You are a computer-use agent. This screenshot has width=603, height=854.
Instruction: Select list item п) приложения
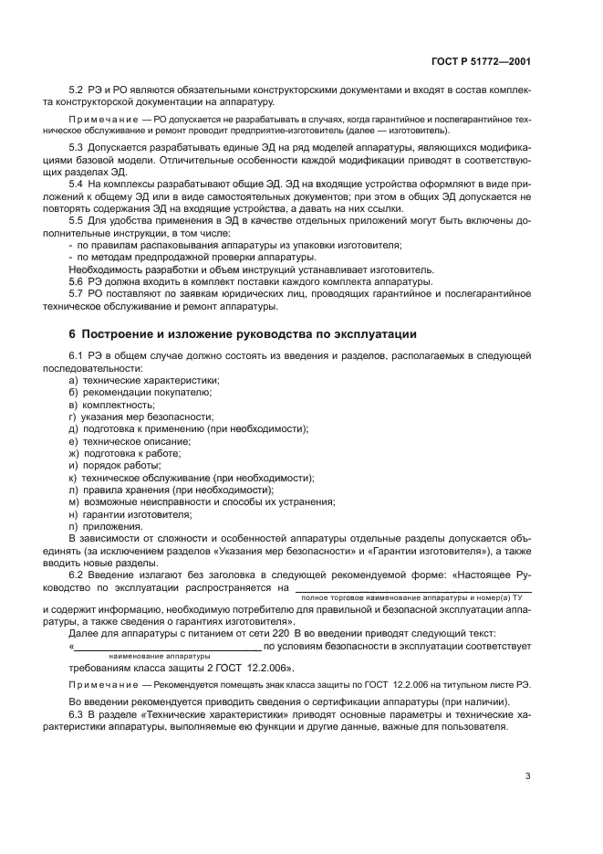105,527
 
